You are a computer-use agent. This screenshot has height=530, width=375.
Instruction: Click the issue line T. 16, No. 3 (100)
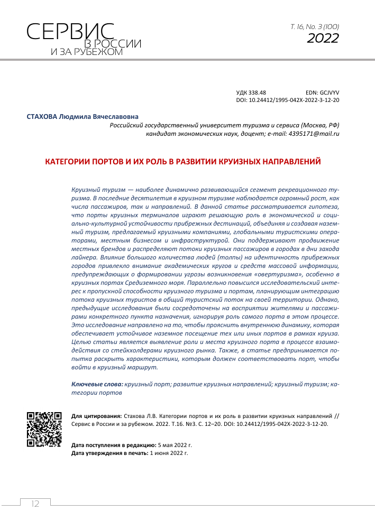315,26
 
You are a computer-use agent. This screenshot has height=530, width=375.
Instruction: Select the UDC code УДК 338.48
251,92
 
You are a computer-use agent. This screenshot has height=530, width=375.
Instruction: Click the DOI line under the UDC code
287,99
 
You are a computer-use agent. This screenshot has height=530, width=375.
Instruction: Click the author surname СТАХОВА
42,116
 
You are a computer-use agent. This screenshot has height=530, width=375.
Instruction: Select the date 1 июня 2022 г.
170,453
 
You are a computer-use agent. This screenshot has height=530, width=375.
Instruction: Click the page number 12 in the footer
35,504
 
